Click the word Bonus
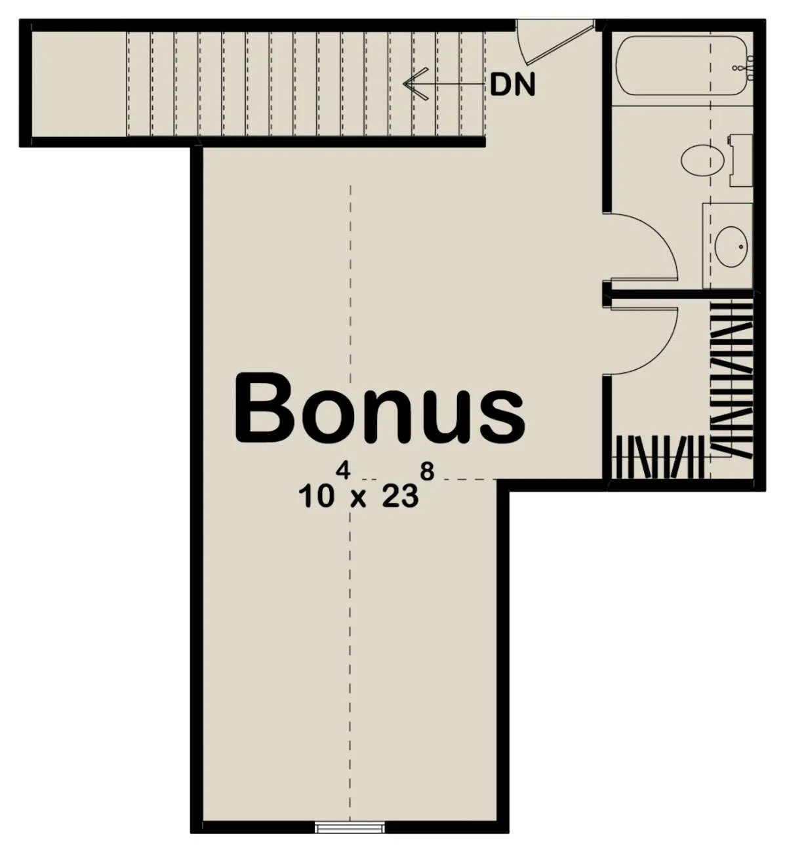click(x=380, y=408)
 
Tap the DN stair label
click(x=512, y=85)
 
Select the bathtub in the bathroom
click(x=682, y=66)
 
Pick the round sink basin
click(x=731, y=247)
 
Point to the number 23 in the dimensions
click(x=400, y=497)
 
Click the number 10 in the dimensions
click(x=316, y=497)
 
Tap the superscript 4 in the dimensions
click(x=343, y=471)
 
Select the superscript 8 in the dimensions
click(x=427, y=471)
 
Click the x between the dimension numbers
click(x=358, y=500)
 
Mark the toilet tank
click(x=740, y=160)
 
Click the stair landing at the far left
click(x=79, y=84)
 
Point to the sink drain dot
click(x=741, y=247)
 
